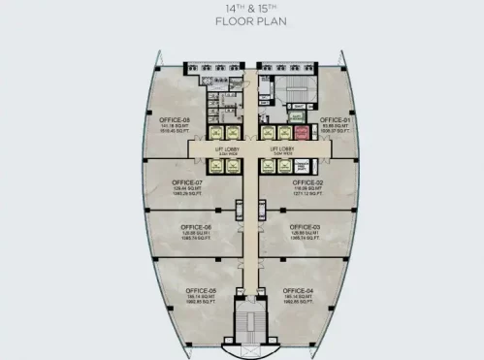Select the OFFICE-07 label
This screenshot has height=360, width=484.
[186, 182]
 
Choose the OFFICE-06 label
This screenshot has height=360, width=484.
[188, 229]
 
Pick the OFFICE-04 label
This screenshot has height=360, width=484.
[301, 290]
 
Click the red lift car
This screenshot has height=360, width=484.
[302, 134]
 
